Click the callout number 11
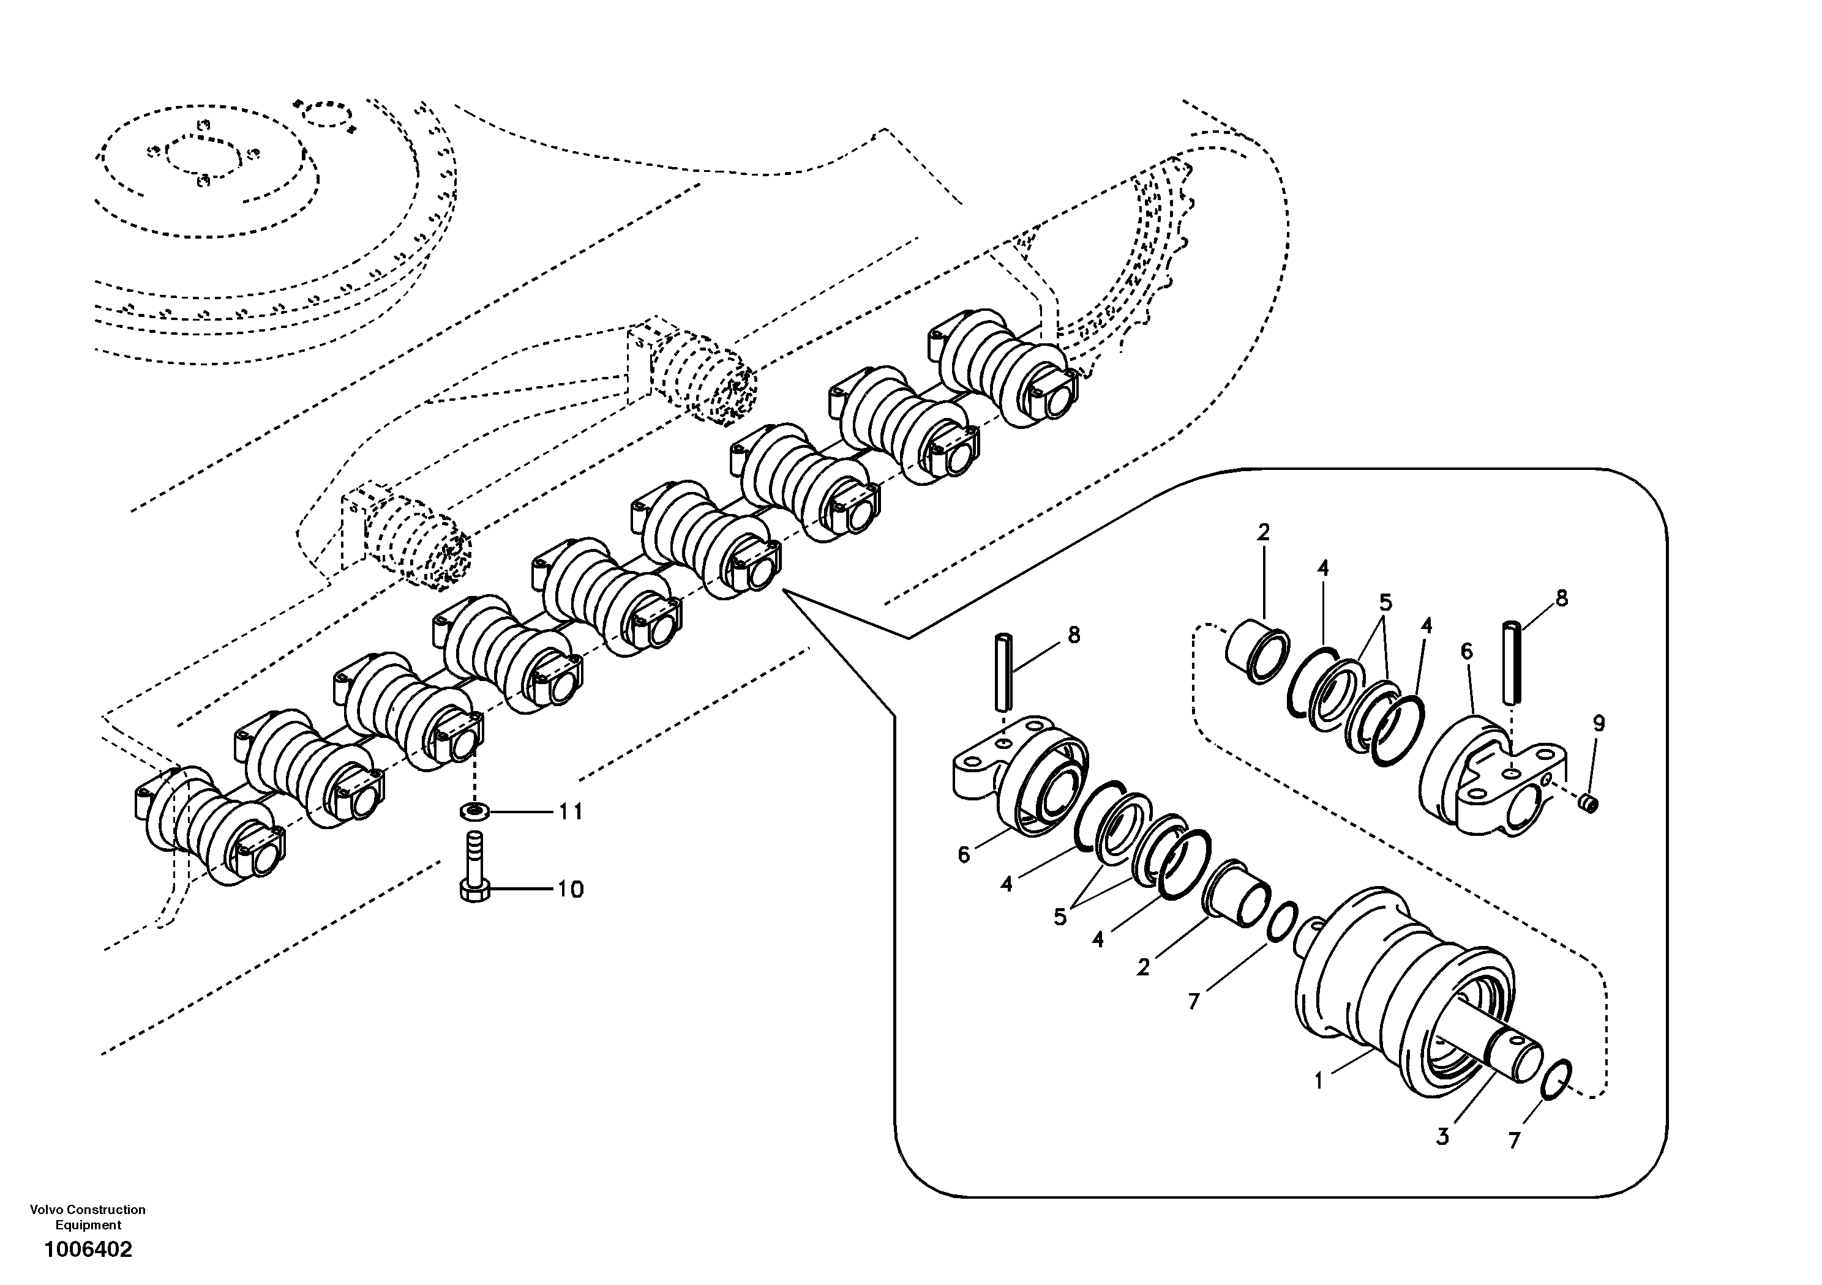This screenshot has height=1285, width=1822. tap(570, 811)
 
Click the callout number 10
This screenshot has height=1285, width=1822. tap(570, 889)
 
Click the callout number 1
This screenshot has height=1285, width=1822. tap(1318, 1081)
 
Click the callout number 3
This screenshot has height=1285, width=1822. tap(1442, 1137)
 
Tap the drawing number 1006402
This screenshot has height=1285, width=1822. tap(88, 1250)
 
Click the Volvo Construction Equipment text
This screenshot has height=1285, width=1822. tap(88, 1217)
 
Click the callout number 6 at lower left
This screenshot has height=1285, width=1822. tap(964, 855)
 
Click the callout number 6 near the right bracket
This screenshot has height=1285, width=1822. tap(1466, 652)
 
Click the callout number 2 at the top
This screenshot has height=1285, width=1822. tap(1263, 532)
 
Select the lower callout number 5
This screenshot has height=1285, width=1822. tap(1060, 917)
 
